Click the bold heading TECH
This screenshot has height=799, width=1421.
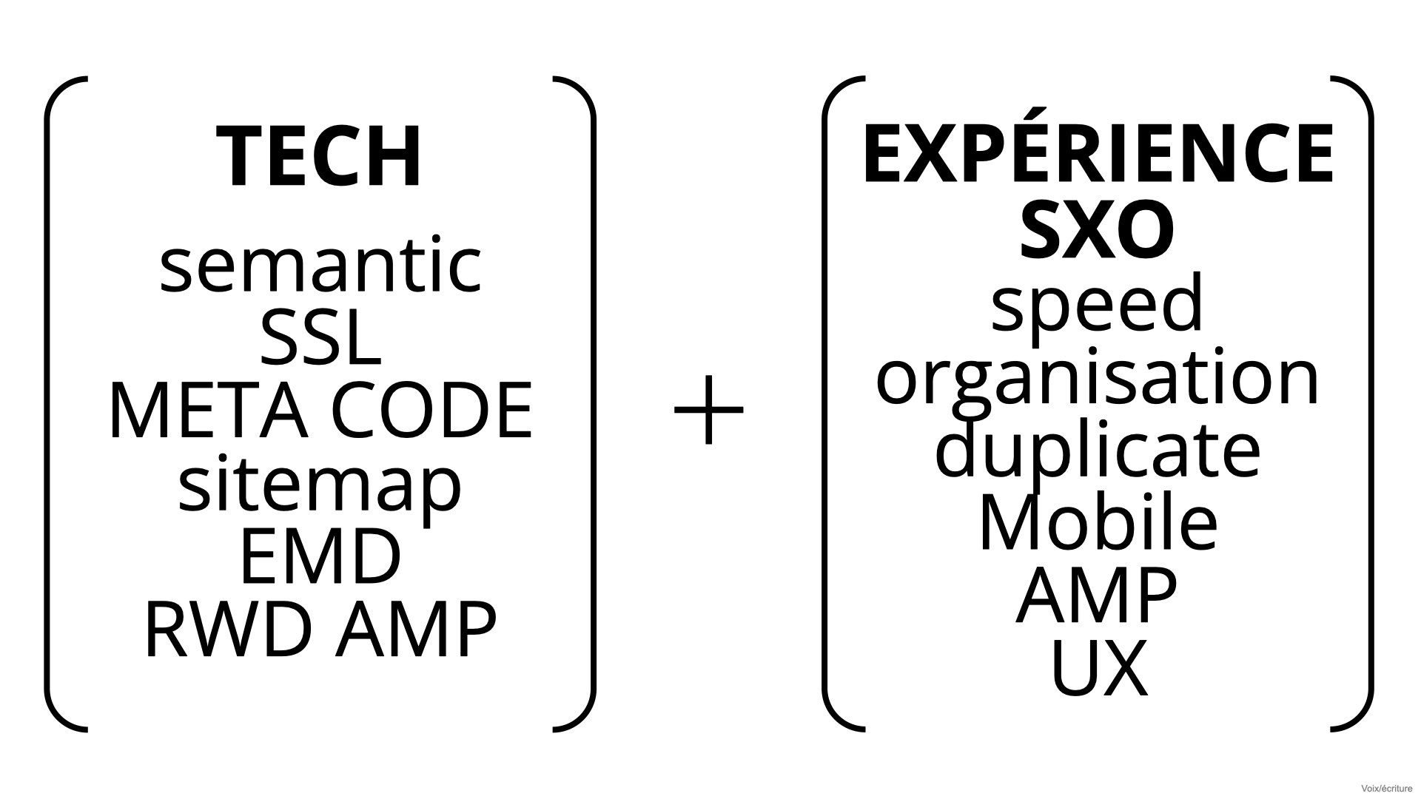click(320, 157)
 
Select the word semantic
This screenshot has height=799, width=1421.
click(321, 264)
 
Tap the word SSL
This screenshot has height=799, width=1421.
click(321, 339)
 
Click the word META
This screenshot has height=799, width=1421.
click(208, 411)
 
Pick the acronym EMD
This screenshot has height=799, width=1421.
click(320, 556)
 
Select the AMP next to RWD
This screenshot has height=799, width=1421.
click(415, 629)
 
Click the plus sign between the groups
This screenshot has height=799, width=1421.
click(709, 410)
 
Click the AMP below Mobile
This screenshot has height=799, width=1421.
click(1097, 596)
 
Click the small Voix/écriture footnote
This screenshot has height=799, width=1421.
click(1386, 789)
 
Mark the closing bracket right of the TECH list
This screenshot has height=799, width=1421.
click(592, 403)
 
